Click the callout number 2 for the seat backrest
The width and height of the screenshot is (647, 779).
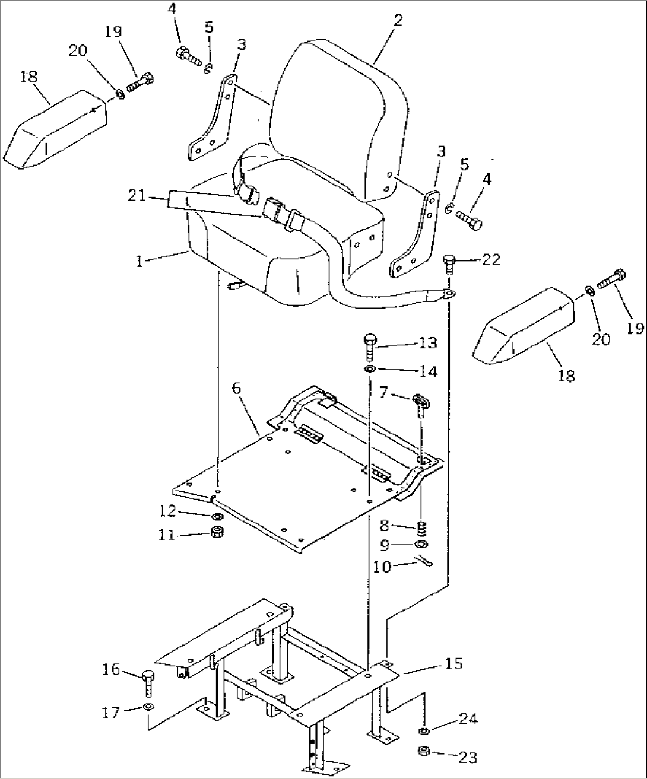click(398, 21)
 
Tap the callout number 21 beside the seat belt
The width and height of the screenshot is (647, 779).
click(137, 195)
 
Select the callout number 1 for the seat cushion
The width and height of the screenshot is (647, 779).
click(139, 261)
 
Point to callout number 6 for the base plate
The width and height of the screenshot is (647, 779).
click(236, 389)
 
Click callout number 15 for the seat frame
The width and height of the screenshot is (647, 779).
click(453, 664)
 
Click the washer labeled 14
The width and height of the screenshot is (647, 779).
click(370, 369)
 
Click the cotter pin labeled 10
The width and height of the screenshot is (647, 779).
click(423, 561)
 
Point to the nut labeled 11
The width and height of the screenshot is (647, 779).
click(216, 532)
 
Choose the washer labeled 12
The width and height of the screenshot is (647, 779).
click(216, 516)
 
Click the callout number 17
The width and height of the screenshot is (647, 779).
click(111, 713)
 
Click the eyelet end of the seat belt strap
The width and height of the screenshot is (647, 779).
click(449, 294)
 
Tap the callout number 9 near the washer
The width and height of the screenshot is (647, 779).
click(385, 545)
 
